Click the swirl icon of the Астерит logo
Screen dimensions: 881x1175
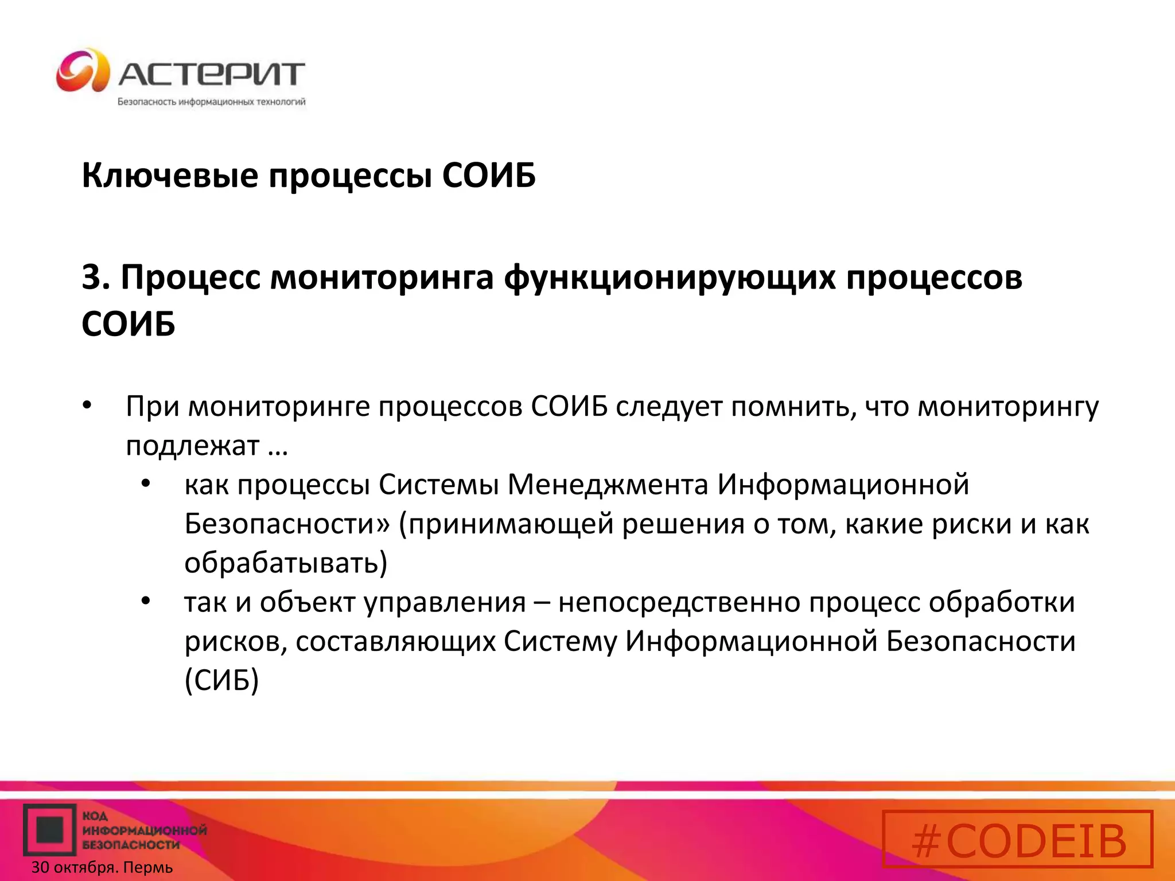83,71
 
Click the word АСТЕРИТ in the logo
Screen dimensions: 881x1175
211,75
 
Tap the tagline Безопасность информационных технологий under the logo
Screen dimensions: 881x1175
211,102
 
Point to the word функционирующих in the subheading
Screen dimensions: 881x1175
670,278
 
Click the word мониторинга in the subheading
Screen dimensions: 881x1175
382,278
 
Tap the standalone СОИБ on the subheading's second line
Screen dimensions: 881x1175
128,324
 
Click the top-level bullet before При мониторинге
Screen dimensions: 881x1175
87,406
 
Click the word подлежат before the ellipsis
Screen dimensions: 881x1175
193,446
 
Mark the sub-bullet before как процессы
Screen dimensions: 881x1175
146,484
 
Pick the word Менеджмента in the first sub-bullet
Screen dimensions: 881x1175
608,485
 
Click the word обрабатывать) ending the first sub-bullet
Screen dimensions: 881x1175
286,563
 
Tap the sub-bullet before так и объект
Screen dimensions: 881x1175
146,601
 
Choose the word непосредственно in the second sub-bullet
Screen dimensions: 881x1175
679,602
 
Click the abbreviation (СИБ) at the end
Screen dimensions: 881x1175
221,680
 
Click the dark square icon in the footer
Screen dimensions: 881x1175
50,830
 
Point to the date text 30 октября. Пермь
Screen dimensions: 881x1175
102,867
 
